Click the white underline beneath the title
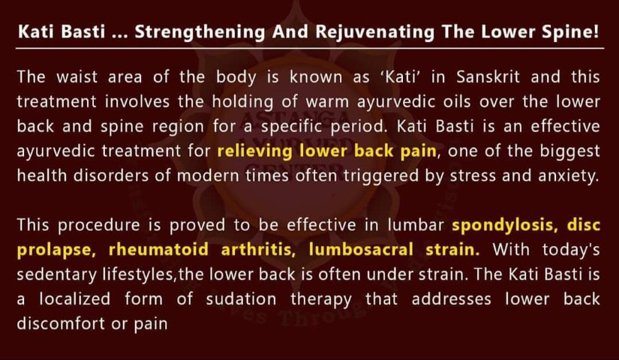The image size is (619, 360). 310,49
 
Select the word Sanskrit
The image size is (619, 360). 488,77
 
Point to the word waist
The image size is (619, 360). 77,77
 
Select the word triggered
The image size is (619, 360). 380,176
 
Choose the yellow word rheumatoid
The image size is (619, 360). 158,250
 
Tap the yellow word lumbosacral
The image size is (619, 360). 361,250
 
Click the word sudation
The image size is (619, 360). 241,298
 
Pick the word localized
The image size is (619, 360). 74,298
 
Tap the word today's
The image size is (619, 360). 571,250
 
